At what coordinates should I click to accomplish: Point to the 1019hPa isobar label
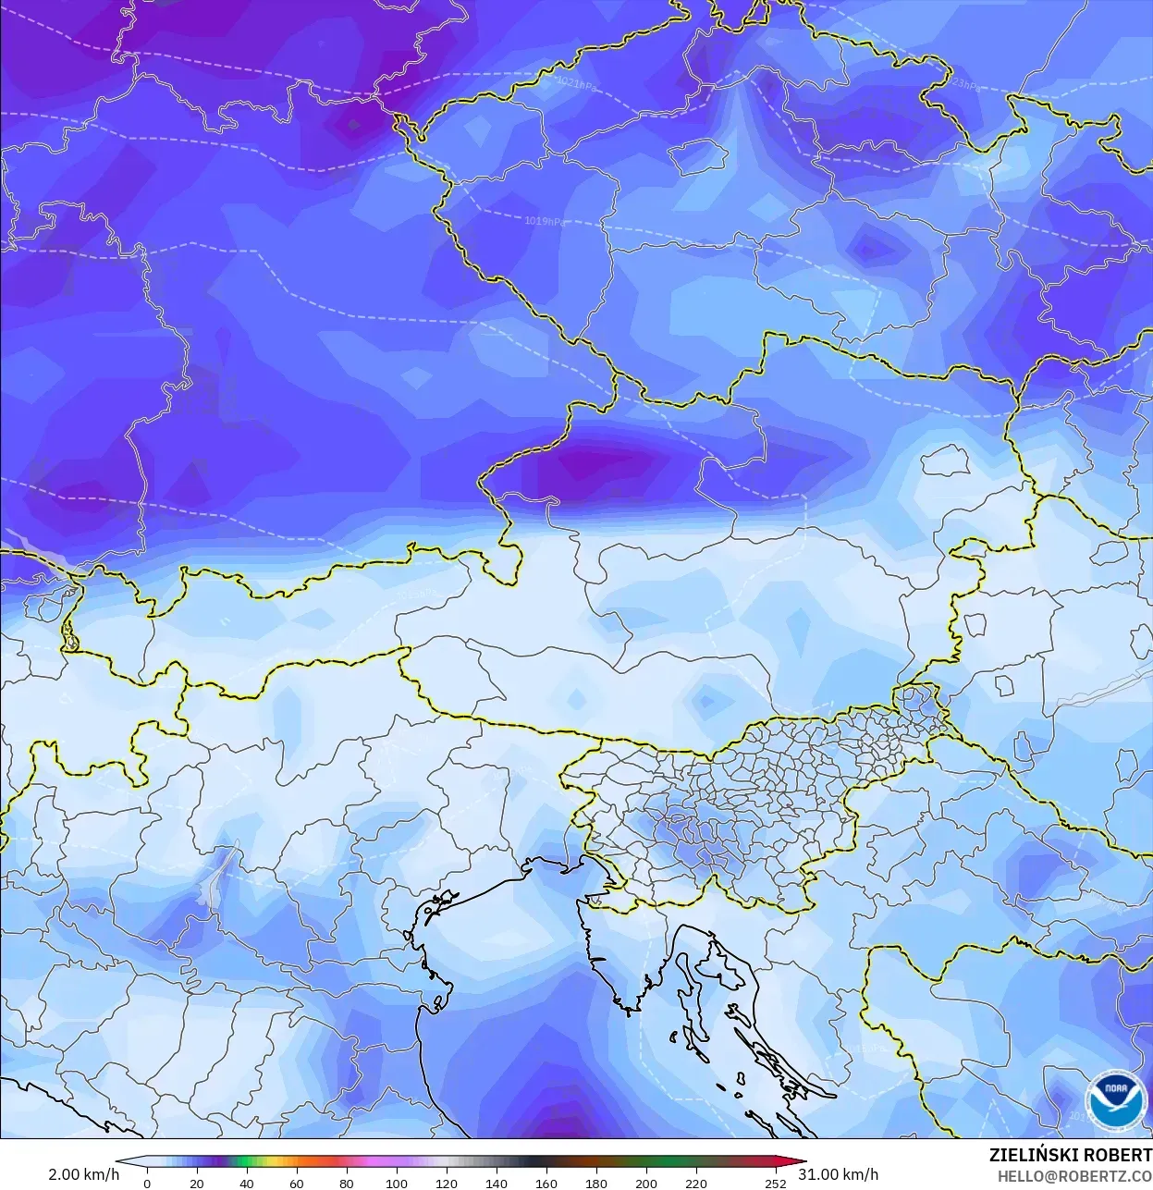tap(544, 221)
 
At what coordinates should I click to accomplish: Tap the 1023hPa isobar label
tap(963, 84)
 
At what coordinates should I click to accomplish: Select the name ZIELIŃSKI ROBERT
tap(1070, 1155)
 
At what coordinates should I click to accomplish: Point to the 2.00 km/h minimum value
tap(83, 1174)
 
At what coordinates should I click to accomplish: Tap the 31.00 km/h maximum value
tap(839, 1174)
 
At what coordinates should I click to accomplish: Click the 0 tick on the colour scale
tap(147, 1184)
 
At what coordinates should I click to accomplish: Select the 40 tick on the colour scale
tap(246, 1184)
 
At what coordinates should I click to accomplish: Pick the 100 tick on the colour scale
tap(396, 1184)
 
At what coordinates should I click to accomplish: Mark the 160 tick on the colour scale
tap(546, 1184)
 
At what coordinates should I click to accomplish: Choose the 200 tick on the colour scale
tap(645, 1184)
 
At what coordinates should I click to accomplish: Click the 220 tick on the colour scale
tap(695, 1184)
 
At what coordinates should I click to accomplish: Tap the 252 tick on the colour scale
tap(776, 1184)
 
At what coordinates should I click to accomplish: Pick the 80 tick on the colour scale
tap(346, 1184)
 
